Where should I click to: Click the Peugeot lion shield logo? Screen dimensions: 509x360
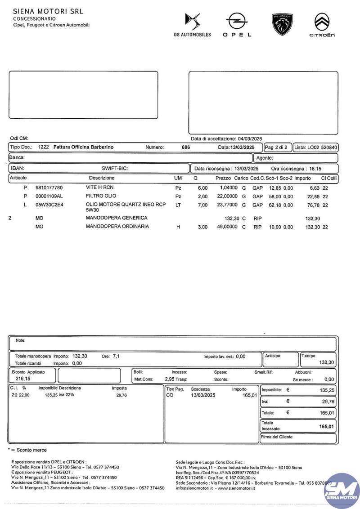click(282, 24)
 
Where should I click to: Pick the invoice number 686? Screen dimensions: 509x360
click(185, 147)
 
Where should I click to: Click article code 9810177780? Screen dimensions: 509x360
click(49, 188)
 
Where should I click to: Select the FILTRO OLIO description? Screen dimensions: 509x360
click(101, 196)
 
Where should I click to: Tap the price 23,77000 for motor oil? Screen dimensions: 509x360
click(227, 205)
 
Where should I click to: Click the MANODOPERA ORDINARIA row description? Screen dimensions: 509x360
click(117, 227)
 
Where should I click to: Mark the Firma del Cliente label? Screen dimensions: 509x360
click(277, 437)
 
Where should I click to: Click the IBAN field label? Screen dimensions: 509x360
click(17, 169)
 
